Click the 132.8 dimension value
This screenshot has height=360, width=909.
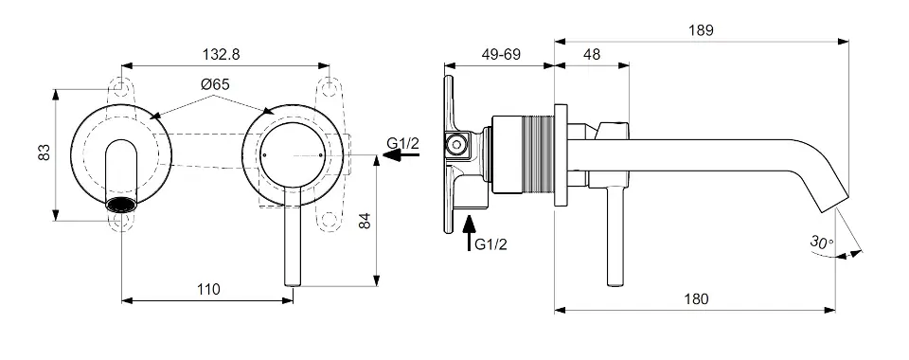coord(221,55)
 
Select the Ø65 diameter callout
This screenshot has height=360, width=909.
coord(215,84)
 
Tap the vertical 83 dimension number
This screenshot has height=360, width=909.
coord(45,153)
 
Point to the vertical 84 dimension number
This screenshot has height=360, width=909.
coord(364,221)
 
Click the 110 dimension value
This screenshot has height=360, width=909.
coord(208,289)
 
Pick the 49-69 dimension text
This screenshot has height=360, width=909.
coord(501,55)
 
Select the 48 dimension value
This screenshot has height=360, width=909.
coord(592,55)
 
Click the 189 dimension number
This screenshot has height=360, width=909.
coord(701,30)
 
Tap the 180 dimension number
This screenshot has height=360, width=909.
coord(696,299)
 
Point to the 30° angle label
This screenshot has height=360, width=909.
coord(822,242)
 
